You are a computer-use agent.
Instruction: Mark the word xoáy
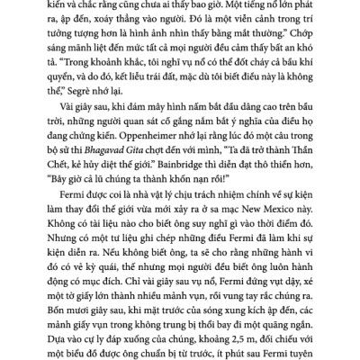click(x=130, y=24)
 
